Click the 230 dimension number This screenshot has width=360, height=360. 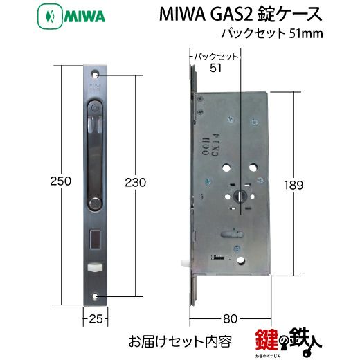point(136,182)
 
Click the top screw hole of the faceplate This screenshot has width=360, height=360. point(96,74)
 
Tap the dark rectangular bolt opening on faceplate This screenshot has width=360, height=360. point(94,240)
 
